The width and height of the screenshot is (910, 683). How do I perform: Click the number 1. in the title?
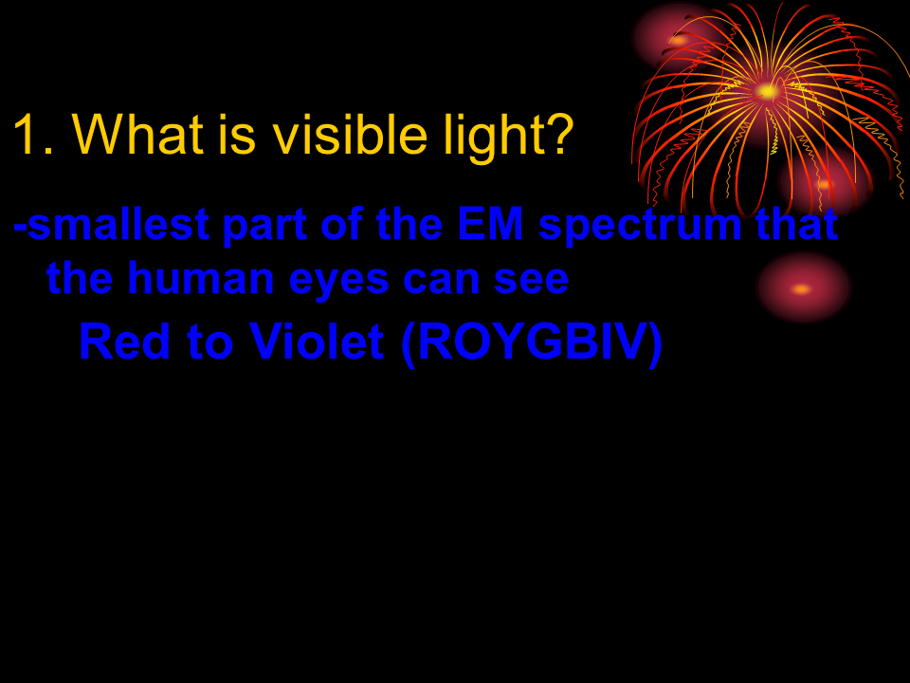click(x=34, y=135)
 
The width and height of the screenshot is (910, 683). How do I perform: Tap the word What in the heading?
click(x=138, y=134)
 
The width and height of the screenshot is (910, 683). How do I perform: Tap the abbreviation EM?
click(x=490, y=224)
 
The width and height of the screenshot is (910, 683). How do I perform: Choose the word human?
click(x=201, y=278)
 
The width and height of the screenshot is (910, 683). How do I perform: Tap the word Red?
click(x=125, y=341)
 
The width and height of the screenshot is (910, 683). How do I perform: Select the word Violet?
click(x=317, y=341)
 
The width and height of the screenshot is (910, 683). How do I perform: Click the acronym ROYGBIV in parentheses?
click(x=532, y=341)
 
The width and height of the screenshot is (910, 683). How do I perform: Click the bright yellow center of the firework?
click(x=768, y=91)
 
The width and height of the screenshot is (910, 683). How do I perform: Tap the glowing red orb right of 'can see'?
click(x=803, y=287)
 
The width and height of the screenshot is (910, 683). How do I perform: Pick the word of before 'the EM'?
click(x=341, y=224)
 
